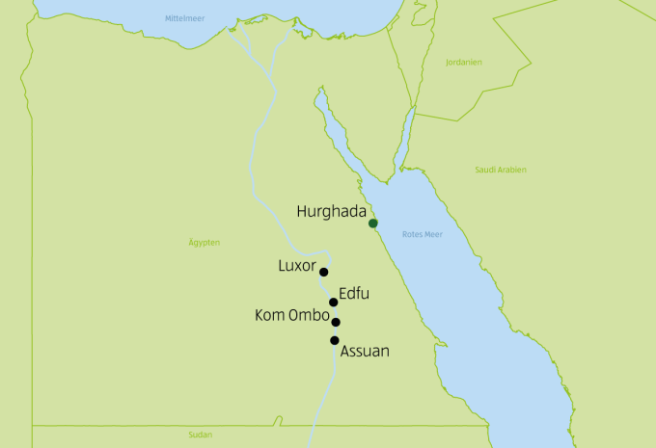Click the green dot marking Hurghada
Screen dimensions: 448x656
373,224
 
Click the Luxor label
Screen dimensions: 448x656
297,265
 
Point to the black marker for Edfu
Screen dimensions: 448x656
334,303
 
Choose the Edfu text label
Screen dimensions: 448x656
355,293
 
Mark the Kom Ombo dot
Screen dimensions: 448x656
336,323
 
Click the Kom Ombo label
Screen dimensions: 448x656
292,315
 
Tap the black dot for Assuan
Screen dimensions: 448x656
335,340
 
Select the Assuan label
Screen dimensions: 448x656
365,352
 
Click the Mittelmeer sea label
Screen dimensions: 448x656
185,18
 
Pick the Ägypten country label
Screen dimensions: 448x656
205,242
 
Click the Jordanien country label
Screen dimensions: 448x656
463,63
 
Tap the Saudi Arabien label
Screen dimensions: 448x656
501,170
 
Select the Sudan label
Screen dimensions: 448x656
201,435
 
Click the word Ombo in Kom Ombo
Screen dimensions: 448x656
309,315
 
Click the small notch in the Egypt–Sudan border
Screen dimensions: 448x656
278,420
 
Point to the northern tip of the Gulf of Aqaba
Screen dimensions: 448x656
414,108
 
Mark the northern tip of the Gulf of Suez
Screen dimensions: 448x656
319,92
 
